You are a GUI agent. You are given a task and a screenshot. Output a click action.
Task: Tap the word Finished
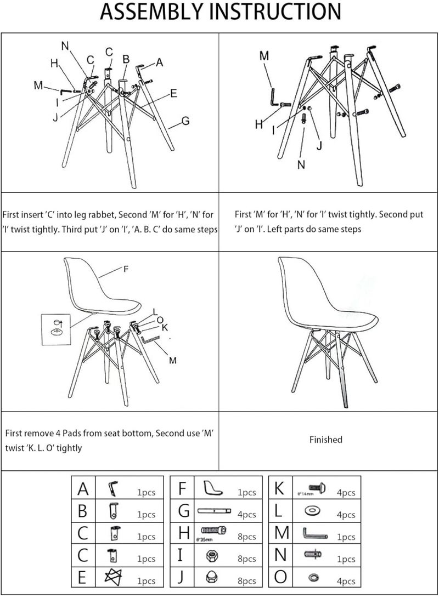[325, 440]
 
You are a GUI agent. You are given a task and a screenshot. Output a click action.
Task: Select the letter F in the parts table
[184, 488]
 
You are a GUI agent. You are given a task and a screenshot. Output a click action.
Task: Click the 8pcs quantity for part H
[246, 537]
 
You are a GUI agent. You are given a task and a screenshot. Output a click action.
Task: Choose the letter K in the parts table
[279, 488]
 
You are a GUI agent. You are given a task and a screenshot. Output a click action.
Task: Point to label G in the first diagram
[185, 121]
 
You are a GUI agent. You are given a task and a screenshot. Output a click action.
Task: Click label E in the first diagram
[173, 94]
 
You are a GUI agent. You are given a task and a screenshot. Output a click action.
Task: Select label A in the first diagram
[160, 62]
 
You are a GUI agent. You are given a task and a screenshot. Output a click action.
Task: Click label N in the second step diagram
[301, 164]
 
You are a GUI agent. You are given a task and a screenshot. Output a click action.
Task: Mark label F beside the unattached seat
[126, 269]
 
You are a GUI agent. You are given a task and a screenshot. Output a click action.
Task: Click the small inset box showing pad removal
[56, 328]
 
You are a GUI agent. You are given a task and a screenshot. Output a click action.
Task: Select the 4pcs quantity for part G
[246, 514]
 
